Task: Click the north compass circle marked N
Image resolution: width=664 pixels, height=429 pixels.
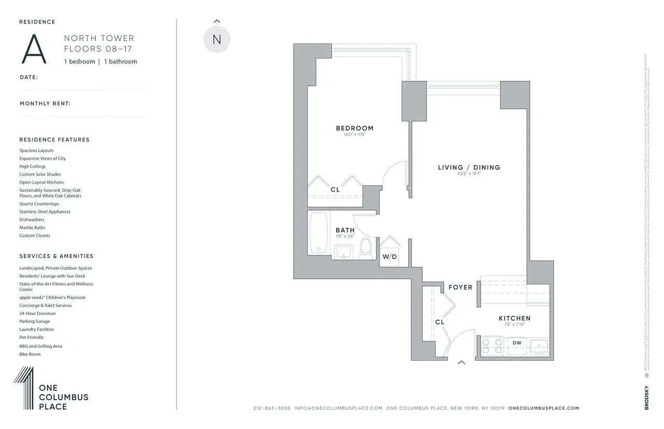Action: click(x=216, y=40)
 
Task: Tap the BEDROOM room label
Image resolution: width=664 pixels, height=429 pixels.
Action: click(x=354, y=128)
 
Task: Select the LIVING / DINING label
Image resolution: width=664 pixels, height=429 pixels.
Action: click(x=469, y=167)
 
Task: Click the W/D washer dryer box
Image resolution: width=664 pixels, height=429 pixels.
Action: click(x=389, y=256)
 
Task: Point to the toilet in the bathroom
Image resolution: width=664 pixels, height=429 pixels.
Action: click(x=366, y=247)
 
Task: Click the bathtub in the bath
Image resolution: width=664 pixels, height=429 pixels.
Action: click(x=319, y=233)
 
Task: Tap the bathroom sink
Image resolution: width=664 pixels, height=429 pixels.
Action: click(x=343, y=251)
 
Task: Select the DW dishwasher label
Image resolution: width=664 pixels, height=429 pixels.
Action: click(x=517, y=343)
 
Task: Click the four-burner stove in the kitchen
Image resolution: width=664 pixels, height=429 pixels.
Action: click(x=492, y=346)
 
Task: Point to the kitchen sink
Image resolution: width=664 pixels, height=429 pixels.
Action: click(x=538, y=346)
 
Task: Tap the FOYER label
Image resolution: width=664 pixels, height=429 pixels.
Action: click(x=460, y=288)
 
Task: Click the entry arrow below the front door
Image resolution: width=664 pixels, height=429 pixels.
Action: click(x=461, y=363)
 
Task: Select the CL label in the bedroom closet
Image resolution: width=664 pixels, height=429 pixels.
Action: click(x=335, y=190)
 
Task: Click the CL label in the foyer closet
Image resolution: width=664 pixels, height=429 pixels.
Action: click(x=439, y=322)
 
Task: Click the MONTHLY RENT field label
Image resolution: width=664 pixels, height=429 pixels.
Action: click(x=45, y=104)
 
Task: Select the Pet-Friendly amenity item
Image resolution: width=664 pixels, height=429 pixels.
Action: click(x=32, y=337)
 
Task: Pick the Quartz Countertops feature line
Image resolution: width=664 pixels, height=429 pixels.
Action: click(x=39, y=204)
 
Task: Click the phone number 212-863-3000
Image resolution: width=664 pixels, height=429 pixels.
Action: click(x=272, y=408)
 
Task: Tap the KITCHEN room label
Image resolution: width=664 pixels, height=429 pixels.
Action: click(x=514, y=318)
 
